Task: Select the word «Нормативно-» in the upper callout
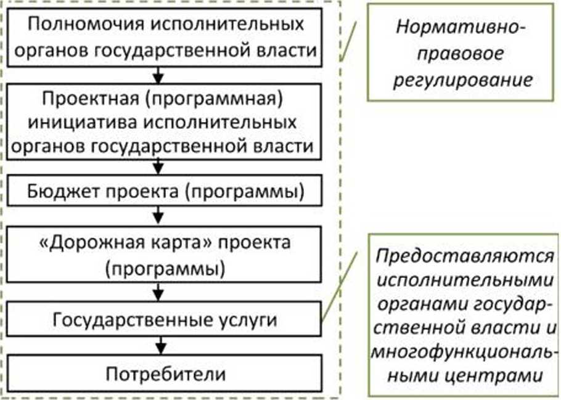pos(461,28)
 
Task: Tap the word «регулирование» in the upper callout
pos(462,80)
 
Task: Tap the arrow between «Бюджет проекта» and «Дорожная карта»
pos(160,216)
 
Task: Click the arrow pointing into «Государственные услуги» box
pos(160,295)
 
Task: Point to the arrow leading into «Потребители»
pos(160,346)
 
